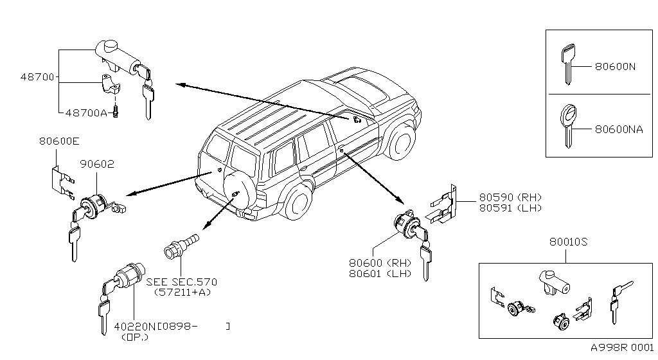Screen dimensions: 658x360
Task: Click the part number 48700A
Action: coord(86,113)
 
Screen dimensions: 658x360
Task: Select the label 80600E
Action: coord(59,141)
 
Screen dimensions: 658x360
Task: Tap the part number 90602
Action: coord(97,164)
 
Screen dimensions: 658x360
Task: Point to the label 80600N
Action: coord(615,66)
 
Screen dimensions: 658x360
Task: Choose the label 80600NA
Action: coord(619,129)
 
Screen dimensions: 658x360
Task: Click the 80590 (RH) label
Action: coord(511,197)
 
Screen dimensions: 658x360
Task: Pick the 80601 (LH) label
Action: coord(380,274)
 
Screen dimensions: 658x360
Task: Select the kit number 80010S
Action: coord(569,242)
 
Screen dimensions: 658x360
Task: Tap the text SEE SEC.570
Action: coord(182,282)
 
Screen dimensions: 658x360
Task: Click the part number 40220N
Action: coord(135,326)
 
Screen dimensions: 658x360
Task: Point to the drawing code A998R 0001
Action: coord(622,347)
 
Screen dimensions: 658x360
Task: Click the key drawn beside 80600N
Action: coord(568,64)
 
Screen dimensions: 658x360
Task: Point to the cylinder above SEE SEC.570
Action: coord(181,246)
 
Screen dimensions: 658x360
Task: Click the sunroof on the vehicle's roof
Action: coord(364,89)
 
